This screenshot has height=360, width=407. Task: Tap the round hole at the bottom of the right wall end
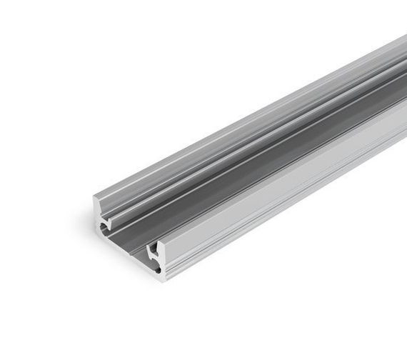[x=156, y=269]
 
